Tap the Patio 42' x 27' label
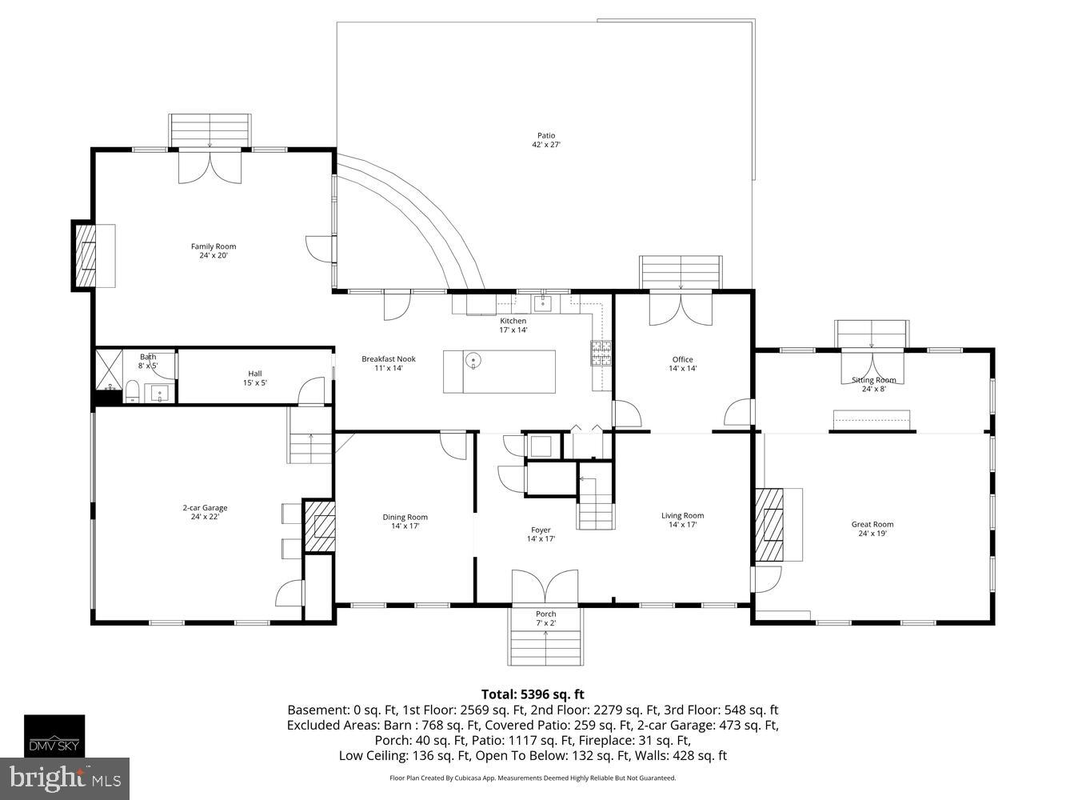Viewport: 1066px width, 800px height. (545, 140)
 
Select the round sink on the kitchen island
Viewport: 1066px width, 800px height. (474, 361)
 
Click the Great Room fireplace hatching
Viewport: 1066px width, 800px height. (771, 525)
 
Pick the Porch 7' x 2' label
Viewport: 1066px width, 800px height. (545, 618)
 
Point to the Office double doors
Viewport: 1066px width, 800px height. (681, 309)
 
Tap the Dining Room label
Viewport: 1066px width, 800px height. (405, 521)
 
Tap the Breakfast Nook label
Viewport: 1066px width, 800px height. (389, 363)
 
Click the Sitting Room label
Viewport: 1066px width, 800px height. (872, 384)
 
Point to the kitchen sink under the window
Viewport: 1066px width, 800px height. (545, 302)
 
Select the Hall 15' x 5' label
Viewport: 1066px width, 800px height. (254, 378)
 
